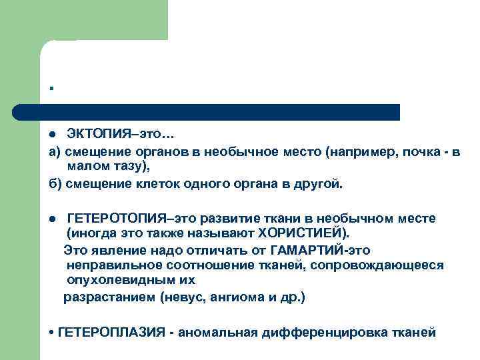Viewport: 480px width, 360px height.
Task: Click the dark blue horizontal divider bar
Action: click(x=207, y=111)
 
